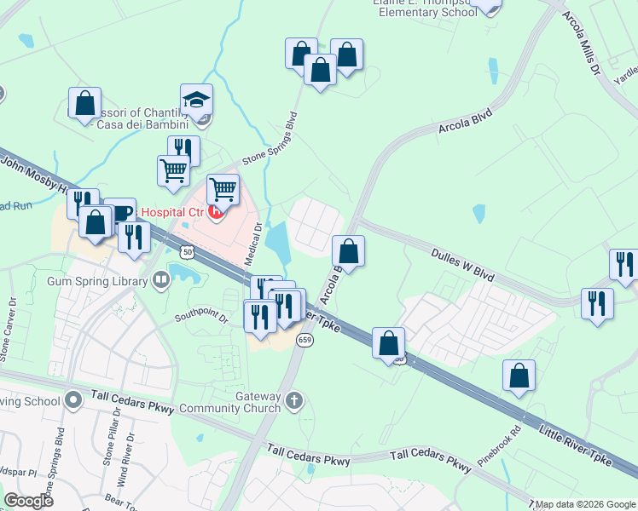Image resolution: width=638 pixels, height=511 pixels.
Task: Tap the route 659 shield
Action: (304, 340)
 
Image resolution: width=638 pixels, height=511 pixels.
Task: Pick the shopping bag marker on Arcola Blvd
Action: (348, 251)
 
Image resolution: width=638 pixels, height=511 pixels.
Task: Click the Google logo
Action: (29, 500)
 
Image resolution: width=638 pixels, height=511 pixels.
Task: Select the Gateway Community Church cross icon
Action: (294, 399)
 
